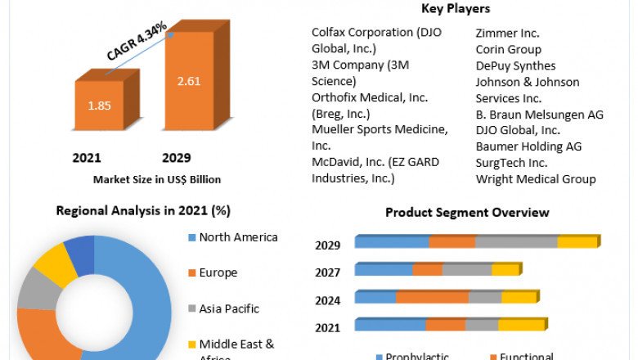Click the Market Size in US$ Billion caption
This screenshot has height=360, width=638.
coord(157,179)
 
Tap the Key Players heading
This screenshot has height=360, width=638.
coord(456,9)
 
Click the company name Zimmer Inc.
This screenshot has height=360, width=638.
coord(508,34)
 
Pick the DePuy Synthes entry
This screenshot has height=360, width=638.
coord(515,65)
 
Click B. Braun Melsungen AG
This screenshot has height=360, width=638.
coord(539,115)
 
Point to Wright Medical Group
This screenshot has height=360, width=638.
coord(536,179)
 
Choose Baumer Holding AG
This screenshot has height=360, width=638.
coord(528,146)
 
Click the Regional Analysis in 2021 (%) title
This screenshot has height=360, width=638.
coord(143,210)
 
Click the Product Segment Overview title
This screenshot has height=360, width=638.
coord(467,213)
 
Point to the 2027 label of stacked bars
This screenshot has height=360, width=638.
coord(327,272)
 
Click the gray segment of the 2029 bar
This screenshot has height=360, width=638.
coord(516,242)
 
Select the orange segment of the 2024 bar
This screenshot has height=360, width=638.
coord(433,298)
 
